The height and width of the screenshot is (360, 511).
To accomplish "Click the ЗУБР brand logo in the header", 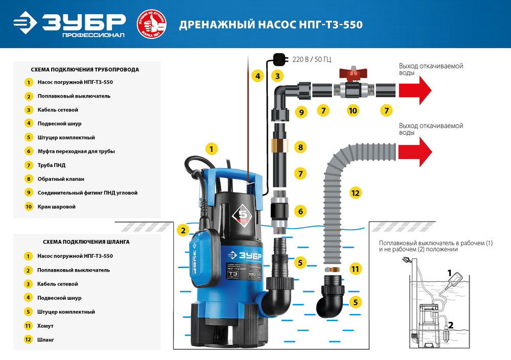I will pos(69,24).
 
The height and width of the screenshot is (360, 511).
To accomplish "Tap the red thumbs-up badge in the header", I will pos(151,24).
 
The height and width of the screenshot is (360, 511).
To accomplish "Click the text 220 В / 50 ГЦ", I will pos(312,59).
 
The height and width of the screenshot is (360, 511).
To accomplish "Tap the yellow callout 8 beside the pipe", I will pos(301,148).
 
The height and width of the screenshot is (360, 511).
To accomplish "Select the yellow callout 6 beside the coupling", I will pos(301,210).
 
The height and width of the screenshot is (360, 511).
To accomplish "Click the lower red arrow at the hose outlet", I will pos(415,152).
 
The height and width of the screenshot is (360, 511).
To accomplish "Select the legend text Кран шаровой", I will pos(56,207).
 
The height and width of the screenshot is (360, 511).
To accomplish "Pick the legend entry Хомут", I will pos(45,325).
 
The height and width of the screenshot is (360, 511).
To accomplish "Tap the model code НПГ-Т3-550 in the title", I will pos(333,25).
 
